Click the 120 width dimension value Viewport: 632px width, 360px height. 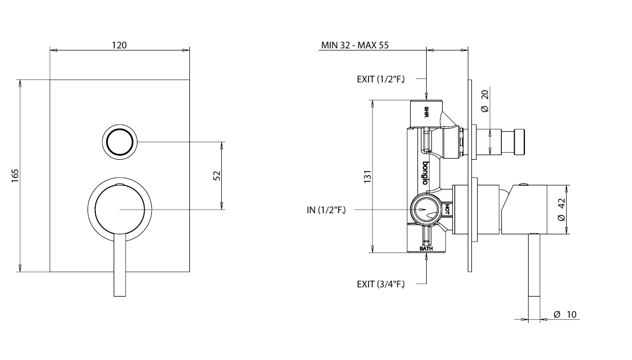(x=119, y=45)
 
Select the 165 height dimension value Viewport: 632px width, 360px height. (x=15, y=176)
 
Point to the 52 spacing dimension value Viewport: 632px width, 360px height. (x=217, y=176)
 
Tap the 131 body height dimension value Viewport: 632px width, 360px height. (x=367, y=177)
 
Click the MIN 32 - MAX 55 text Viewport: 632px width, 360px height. (x=355, y=45)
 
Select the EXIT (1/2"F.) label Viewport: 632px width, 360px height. (x=381, y=79)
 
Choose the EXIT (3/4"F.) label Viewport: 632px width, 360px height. (x=381, y=284)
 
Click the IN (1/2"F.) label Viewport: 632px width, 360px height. (x=326, y=210)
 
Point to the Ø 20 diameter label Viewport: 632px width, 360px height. (x=485, y=101)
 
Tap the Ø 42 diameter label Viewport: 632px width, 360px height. (x=561, y=210)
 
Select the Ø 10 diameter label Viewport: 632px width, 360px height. (x=565, y=315)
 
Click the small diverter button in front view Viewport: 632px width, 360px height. (x=119, y=142)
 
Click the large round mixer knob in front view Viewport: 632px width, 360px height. (x=119, y=210)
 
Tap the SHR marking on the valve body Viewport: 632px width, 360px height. (x=426, y=112)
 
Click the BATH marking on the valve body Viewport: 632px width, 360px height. (x=426, y=248)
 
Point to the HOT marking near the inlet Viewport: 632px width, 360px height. (x=447, y=209)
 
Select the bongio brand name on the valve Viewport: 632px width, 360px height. (x=425, y=173)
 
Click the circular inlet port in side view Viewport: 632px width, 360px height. (x=426, y=210)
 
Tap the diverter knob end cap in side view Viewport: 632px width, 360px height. (x=519, y=142)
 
